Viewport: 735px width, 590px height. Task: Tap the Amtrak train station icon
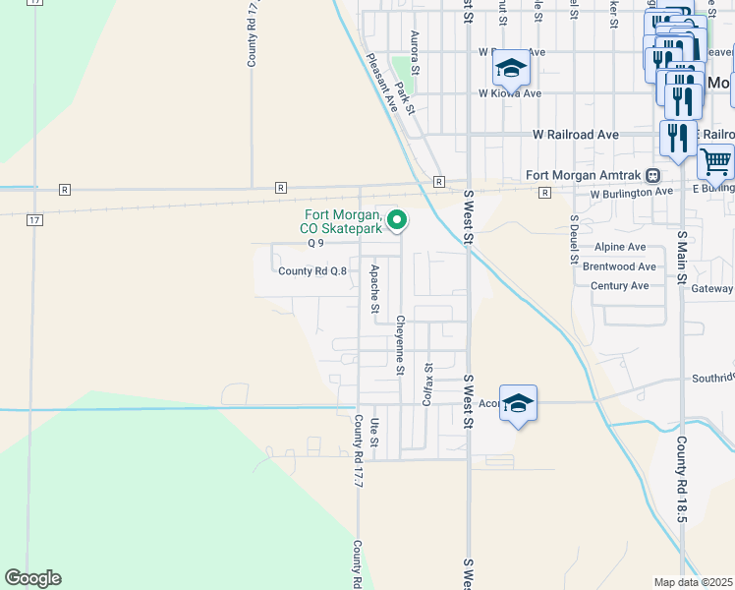point(652,175)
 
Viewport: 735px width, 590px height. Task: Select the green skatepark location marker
point(397,220)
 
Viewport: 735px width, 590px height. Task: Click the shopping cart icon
point(715,159)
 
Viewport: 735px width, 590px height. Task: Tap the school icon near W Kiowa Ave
point(511,69)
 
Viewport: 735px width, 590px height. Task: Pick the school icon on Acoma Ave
point(518,403)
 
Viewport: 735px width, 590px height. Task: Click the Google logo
point(32,578)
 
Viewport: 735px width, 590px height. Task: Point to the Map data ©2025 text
point(693,581)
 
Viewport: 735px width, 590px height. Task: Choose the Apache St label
point(374,288)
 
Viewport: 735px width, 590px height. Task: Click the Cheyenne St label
point(400,344)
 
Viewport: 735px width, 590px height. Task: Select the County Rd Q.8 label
point(312,271)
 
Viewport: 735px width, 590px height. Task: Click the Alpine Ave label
point(620,247)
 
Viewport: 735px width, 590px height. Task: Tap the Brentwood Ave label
point(619,266)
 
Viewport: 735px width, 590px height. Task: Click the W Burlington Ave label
point(631,193)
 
